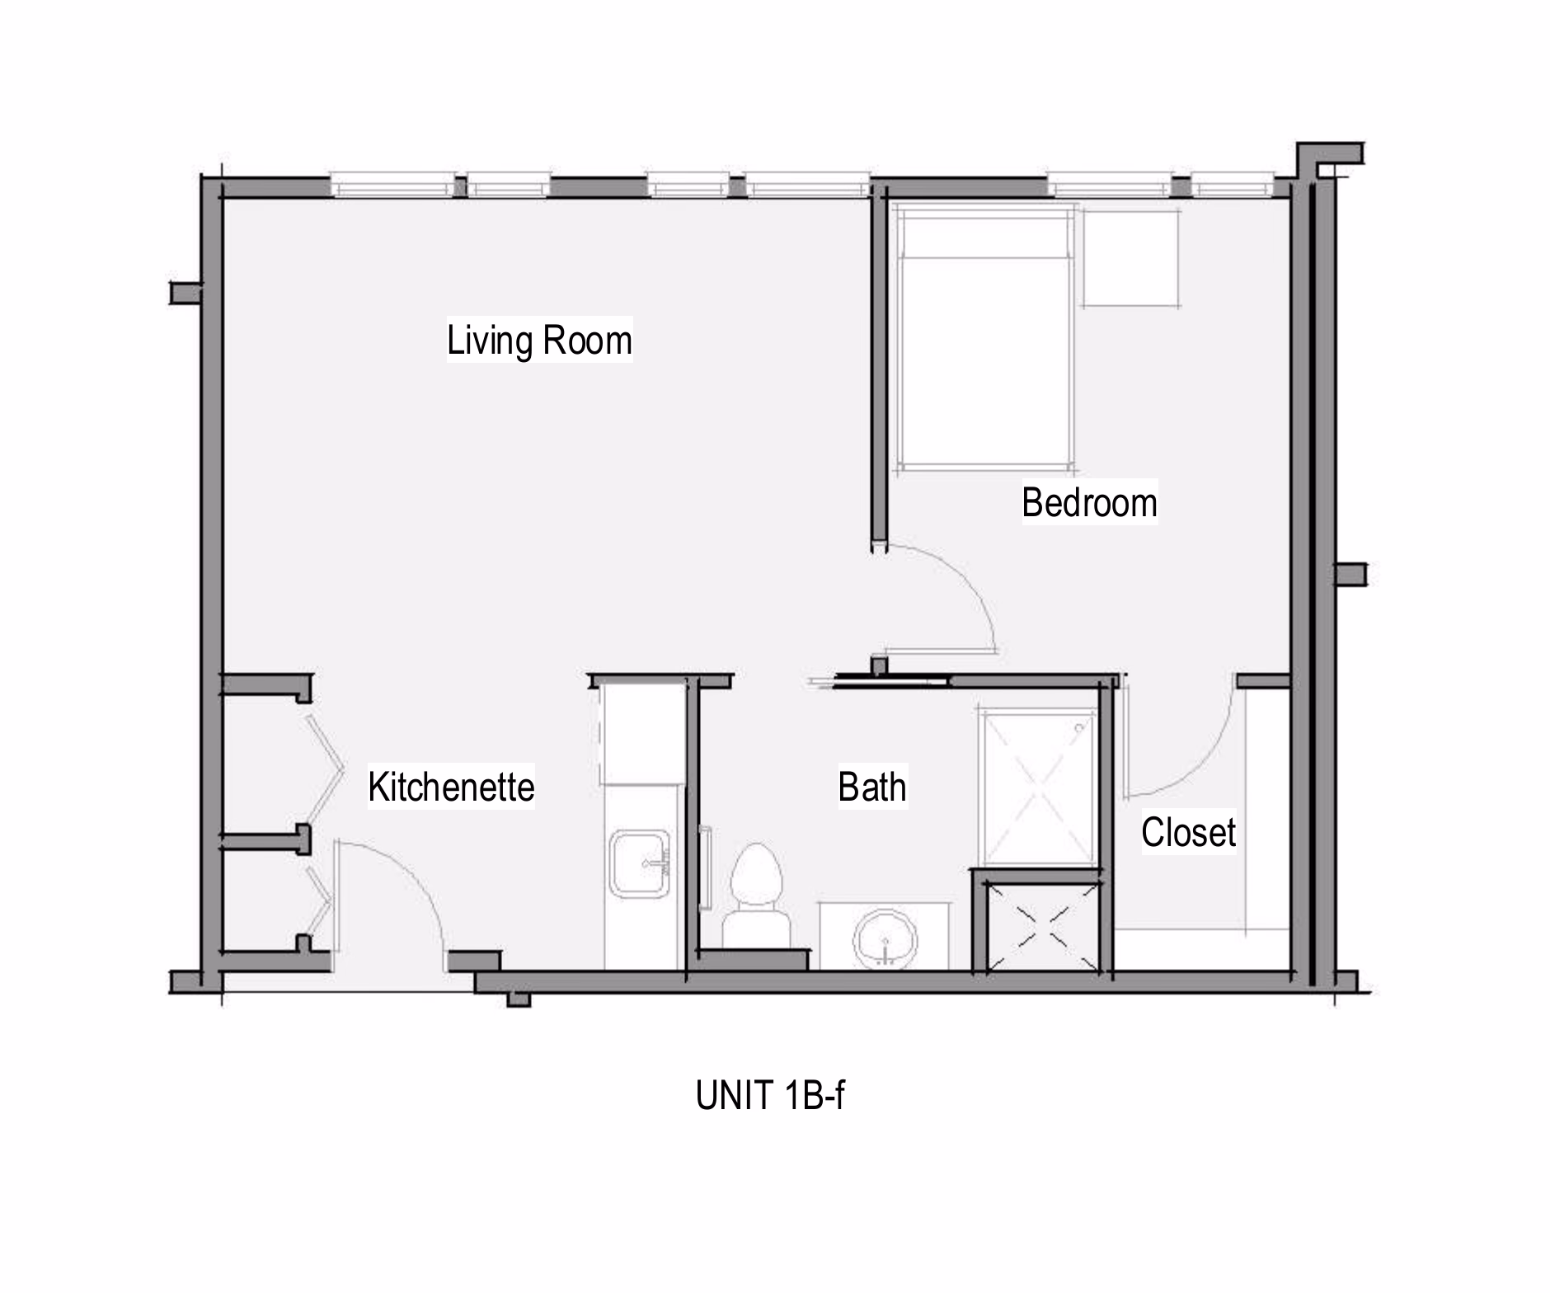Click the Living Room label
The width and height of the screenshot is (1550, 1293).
[539, 341]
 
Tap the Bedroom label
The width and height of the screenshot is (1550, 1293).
[1089, 502]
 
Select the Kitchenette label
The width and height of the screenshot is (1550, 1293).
[451, 787]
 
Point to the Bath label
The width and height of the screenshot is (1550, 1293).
[872, 787]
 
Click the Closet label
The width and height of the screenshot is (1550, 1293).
[1188, 832]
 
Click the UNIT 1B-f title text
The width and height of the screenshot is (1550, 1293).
[770, 1095]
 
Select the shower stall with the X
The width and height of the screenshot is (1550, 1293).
[1036, 787]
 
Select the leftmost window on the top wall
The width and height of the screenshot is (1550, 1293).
[392, 186]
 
